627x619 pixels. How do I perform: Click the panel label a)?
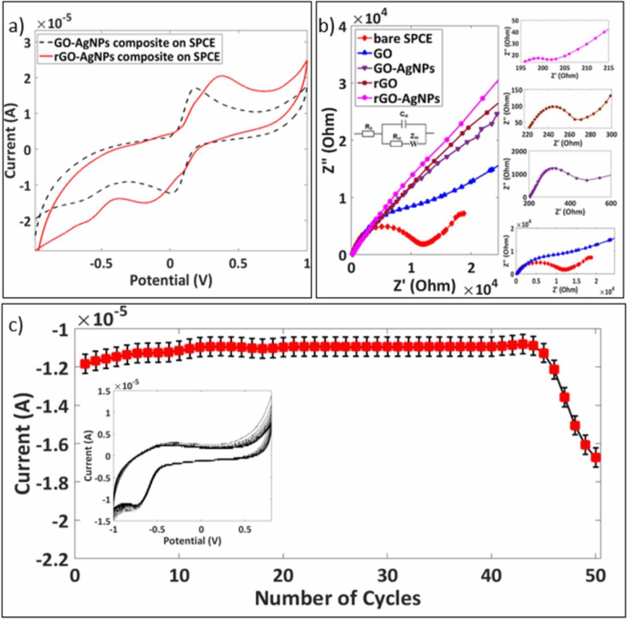coord(17,28)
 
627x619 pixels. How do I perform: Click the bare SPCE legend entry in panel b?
coord(402,38)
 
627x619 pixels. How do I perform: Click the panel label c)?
coord(18,327)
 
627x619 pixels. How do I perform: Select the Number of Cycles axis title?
coord(338,597)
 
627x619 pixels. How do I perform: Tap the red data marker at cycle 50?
coord(596,457)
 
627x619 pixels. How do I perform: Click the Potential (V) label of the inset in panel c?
coord(192,541)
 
